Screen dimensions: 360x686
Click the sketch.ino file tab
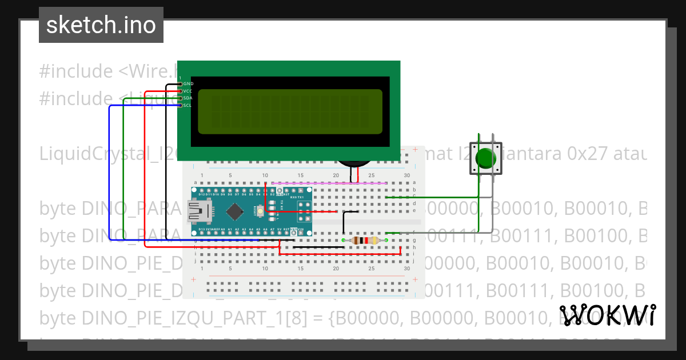101,25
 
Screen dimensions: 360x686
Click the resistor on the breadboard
365,241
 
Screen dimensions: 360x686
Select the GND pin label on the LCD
188,84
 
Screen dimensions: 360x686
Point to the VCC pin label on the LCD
188,91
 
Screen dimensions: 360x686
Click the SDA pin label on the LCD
188,98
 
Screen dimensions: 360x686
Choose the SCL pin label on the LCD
188,105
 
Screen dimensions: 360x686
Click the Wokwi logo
607,315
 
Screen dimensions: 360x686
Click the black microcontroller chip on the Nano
235,212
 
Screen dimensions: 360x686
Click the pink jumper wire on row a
329,183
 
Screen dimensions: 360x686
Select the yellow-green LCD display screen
290,111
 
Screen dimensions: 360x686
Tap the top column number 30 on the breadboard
406,175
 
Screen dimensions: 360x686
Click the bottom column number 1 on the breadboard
202,268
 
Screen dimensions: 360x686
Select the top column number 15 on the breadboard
300,175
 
